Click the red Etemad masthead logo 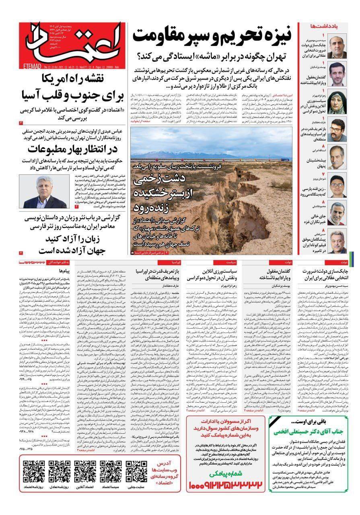click(x=72, y=44)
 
